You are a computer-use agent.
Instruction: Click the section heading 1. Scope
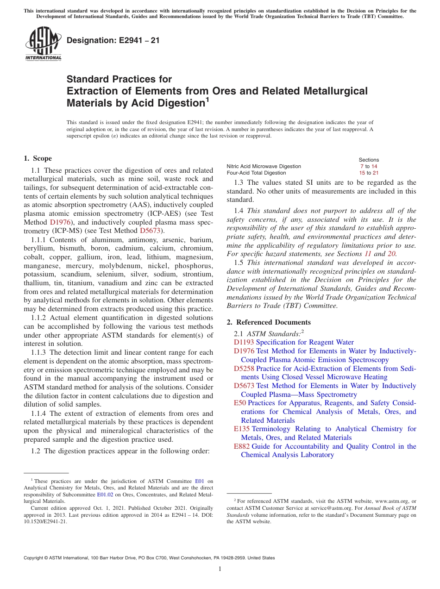[x=38, y=158]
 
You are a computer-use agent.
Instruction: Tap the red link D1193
[x=244, y=342]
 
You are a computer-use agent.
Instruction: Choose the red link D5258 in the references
[x=244, y=369]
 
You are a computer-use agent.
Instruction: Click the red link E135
[x=242, y=429]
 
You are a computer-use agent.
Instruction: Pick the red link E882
[x=242, y=446]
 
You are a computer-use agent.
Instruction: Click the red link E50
[x=240, y=403]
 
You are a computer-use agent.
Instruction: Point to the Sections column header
[x=369, y=160]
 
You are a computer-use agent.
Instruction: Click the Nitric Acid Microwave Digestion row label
[x=264, y=166]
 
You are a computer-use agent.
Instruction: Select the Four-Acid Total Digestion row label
[x=256, y=173]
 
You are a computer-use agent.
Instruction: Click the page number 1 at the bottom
[x=220, y=569]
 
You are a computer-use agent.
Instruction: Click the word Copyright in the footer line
[x=36, y=558]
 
